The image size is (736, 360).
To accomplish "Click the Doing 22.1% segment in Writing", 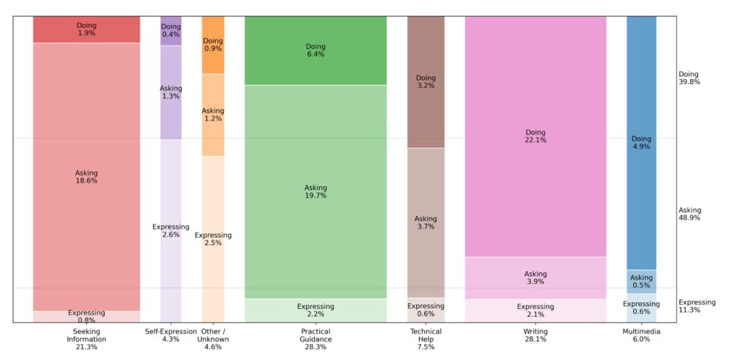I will coord(535,137).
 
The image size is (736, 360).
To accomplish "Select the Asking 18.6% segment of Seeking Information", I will coord(86,177).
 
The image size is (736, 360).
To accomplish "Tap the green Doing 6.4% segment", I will coord(316,50).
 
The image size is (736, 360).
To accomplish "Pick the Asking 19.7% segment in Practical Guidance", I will coord(316,191).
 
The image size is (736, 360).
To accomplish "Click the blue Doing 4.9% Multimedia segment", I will coord(641,142).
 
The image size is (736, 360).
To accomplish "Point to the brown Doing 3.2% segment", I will coord(425,82).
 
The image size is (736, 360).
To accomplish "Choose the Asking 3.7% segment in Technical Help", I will coord(425,223).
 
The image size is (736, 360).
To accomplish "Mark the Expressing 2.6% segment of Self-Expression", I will coord(171,231).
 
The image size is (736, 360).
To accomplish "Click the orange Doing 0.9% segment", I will coord(213,45).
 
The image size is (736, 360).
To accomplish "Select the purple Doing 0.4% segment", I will coord(171,30).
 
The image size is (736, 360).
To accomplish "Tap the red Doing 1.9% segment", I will coord(86,29).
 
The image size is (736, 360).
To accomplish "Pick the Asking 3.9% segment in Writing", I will coord(535,277).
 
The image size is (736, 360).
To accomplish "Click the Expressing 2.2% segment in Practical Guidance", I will coord(316,310).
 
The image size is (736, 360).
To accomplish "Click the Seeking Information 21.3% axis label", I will coord(86,339).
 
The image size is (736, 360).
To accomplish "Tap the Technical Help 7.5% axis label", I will coord(425,339).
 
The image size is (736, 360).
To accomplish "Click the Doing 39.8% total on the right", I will coord(689,78).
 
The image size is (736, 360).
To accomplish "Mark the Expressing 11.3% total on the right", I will coord(696,306).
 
